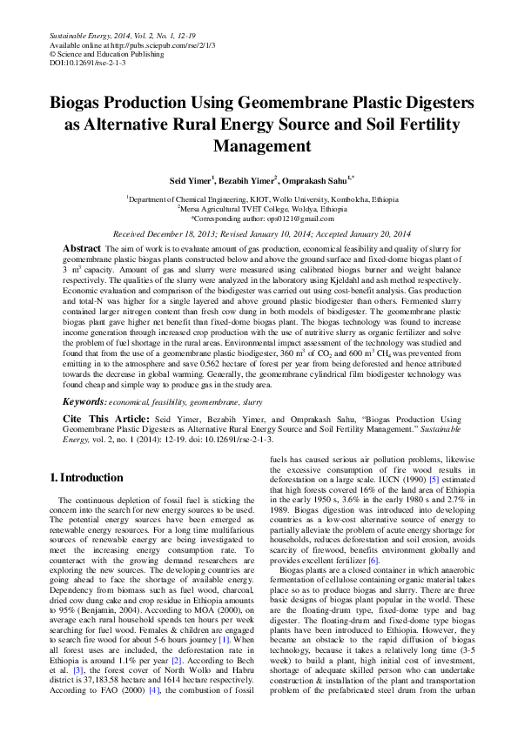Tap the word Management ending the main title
[x=259, y=145]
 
